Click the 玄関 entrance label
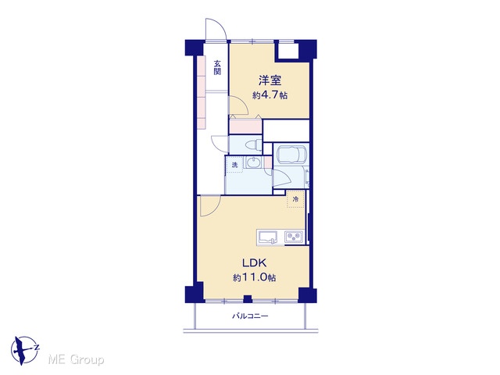point(217,68)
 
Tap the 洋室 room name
point(270,80)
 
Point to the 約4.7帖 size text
point(270,95)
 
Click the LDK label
point(254,263)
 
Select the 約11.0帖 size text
point(254,278)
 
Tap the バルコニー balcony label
point(250,316)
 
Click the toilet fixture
point(253,145)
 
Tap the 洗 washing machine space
point(234,165)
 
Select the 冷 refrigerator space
point(295,199)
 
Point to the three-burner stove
point(294,237)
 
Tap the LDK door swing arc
point(214,209)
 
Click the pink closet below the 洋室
point(245,127)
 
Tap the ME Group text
point(76,360)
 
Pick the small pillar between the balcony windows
point(248,299)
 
